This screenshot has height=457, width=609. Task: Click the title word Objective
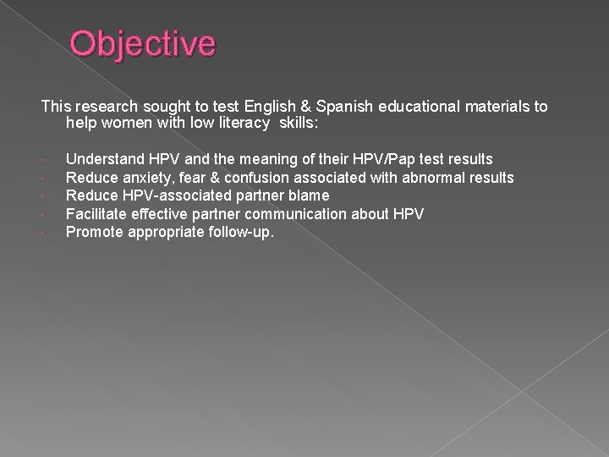(143, 45)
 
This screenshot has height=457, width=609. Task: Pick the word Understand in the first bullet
(103, 158)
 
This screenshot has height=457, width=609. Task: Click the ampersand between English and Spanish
(288, 107)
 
